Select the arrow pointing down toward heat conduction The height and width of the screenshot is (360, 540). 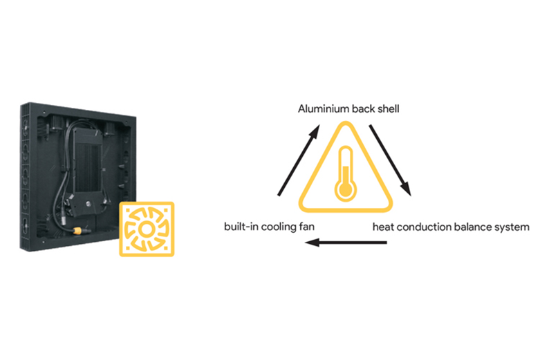[391, 160]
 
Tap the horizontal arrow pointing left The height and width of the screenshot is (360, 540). [346, 243]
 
